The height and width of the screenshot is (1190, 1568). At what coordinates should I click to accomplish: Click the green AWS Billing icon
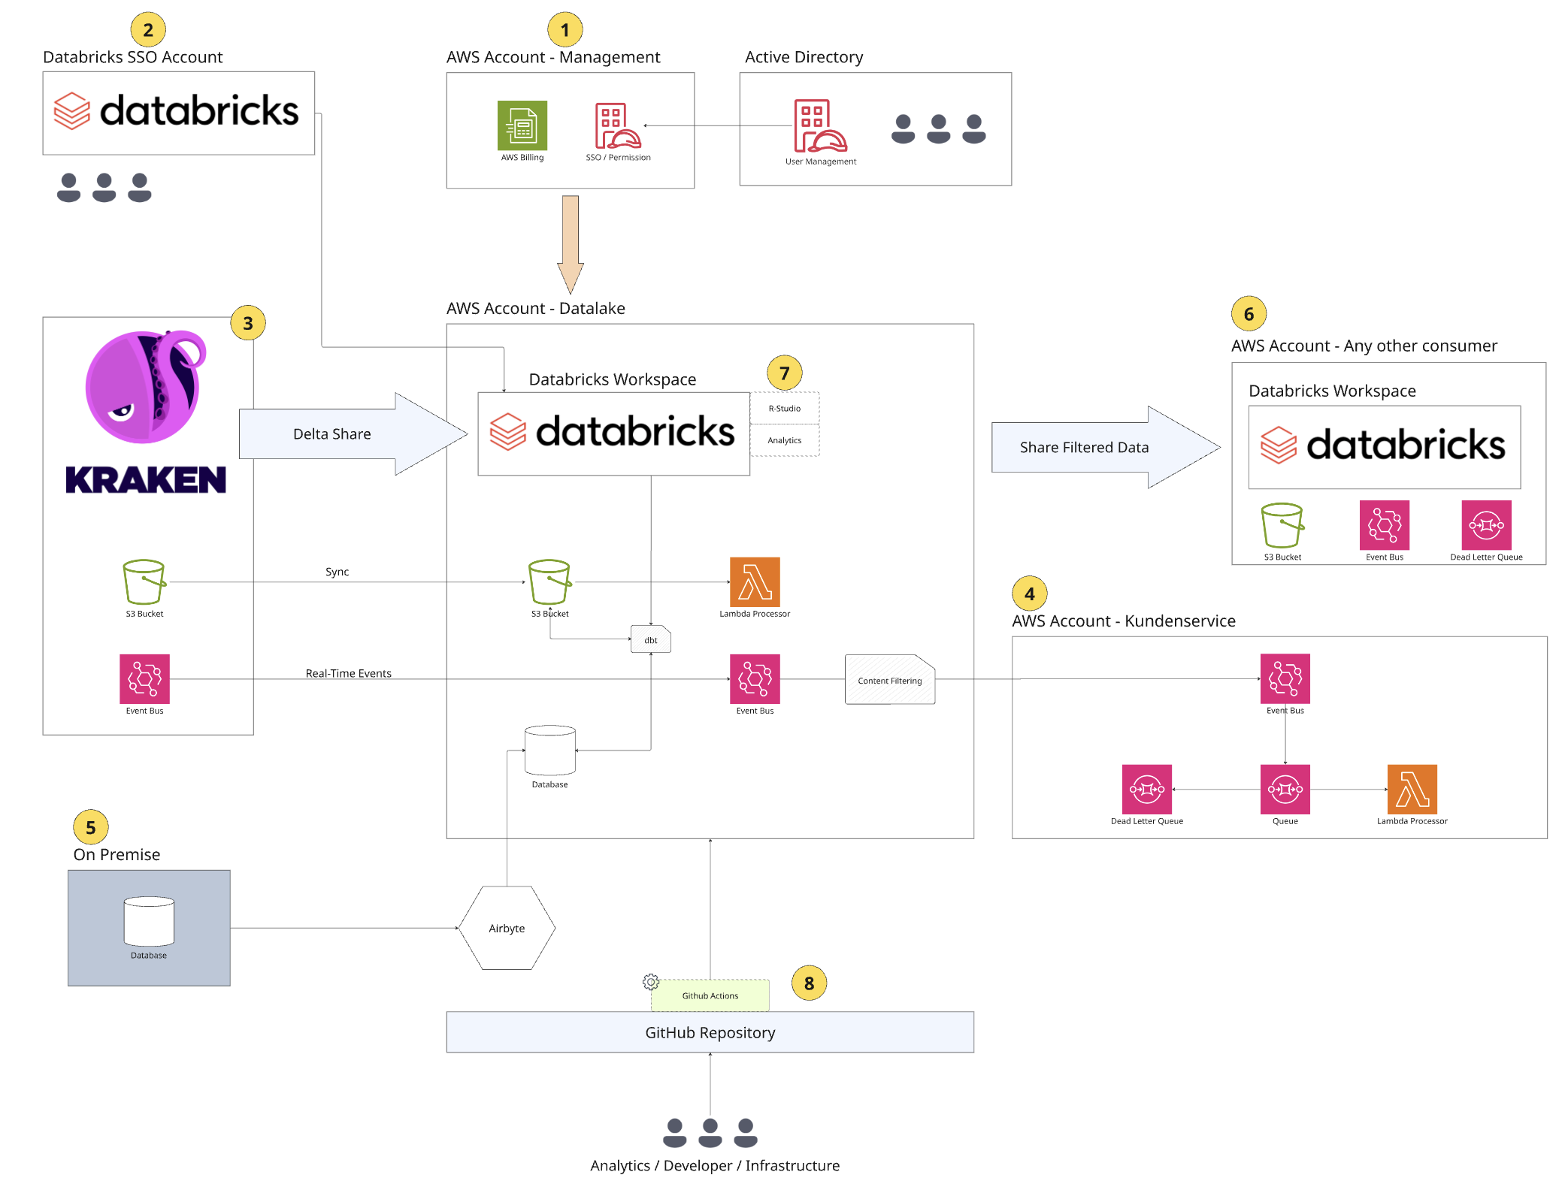click(x=522, y=125)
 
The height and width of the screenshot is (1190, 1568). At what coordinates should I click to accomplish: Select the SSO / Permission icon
click(x=617, y=126)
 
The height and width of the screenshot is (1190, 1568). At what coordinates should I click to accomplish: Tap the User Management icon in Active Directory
click(x=819, y=125)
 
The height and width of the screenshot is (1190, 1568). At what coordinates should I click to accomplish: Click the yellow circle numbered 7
click(x=784, y=373)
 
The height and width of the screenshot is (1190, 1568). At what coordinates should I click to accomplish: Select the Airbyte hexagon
click(x=507, y=928)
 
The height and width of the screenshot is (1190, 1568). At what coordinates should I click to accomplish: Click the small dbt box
click(x=650, y=639)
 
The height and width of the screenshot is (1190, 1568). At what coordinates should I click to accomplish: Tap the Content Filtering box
click(x=889, y=680)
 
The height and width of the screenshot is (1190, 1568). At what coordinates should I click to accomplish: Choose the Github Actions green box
click(x=710, y=995)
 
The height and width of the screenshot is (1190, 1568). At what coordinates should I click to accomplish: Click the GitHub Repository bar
click(x=710, y=1032)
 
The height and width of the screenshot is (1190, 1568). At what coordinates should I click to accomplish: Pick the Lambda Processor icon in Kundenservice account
click(x=1411, y=789)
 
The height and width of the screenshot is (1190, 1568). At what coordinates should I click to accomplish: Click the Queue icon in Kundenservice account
click(x=1284, y=789)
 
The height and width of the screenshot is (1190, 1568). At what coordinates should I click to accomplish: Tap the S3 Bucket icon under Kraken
click(x=144, y=581)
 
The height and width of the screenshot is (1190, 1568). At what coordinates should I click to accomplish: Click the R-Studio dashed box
click(x=784, y=408)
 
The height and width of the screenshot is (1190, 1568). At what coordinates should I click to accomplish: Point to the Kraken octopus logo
click(x=145, y=386)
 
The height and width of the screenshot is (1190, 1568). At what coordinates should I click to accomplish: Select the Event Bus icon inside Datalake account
click(x=754, y=678)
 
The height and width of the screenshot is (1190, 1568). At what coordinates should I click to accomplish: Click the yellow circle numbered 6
click(x=1248, y=314)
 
